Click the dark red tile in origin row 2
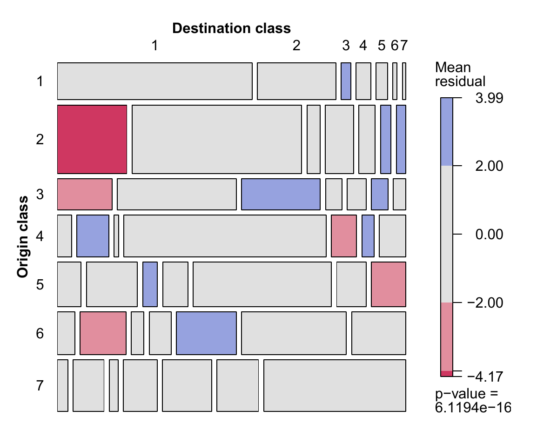point(92,140)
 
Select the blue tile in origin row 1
point(346,81)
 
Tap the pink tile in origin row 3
point(85,194)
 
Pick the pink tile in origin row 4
point(344,236)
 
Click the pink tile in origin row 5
point(389,284)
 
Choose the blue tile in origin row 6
point(206,333)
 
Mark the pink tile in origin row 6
point(103,333)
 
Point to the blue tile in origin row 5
point(150,284)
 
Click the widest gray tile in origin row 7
point(335,385)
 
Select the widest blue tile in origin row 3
point(281,194)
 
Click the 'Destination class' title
point(232,28)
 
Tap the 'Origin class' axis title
point(23,237)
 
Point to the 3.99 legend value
point(490,98)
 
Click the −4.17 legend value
point(485,377)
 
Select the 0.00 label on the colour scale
point(490,235)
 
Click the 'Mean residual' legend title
point(460,74)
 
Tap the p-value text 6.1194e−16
point(473,408)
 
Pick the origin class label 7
point(40,386)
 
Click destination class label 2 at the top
point(296,45)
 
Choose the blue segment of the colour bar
point(447,132)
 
